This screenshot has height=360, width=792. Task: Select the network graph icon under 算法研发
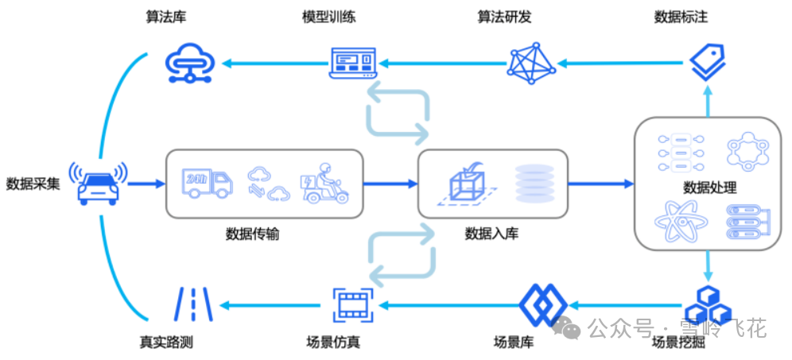click(531, 64)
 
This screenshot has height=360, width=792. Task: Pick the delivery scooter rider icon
click(324, 184)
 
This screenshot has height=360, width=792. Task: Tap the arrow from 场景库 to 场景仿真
click(449, 304)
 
